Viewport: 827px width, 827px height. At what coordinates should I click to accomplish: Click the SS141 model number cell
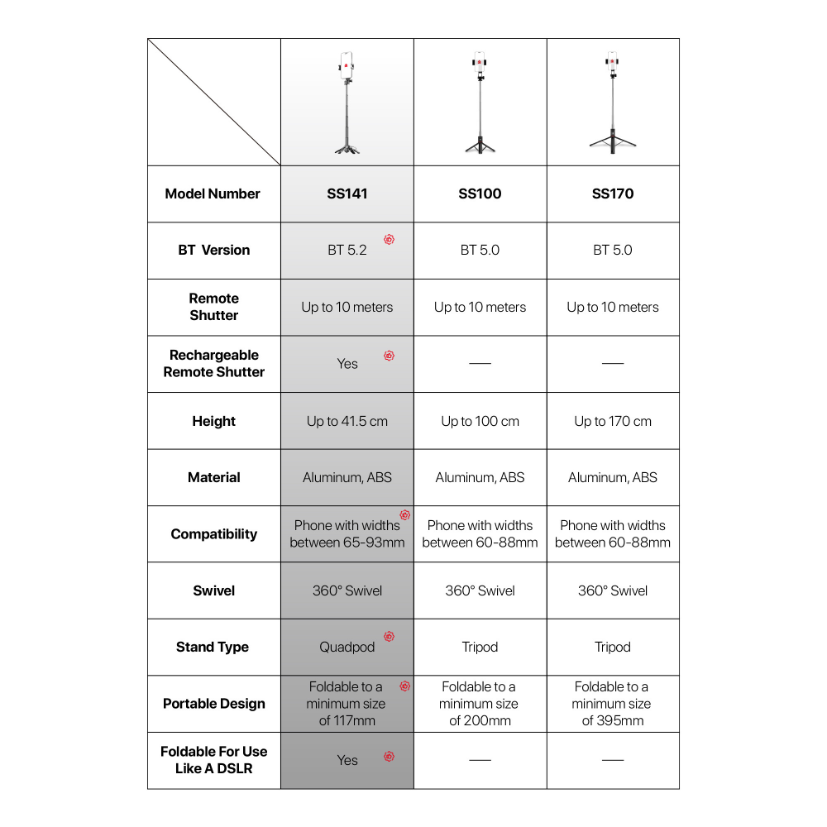coord(347,194)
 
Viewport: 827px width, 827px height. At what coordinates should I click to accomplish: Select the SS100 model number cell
coord(480,194)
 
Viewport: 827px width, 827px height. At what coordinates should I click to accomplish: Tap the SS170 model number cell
coord(613,194)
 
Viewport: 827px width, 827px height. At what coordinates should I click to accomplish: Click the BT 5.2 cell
coord(347,250)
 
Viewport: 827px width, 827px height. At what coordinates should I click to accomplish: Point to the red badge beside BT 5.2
coord(389,240)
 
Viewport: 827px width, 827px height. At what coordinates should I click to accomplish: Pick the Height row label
coord(214,421)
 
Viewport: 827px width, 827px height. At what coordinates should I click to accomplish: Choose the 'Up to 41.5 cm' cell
coord(347,421)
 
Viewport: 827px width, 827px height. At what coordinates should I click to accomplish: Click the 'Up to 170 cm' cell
coord(613,421)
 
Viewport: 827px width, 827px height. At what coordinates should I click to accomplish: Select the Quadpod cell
coord(347,647)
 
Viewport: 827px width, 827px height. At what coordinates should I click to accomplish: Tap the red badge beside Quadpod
coord(389,637)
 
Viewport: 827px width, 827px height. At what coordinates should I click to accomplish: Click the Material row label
coord(214,477)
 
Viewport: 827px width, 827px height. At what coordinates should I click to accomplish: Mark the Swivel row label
coord(214,590)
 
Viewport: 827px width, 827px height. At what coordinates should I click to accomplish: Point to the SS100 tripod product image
coord(480,103)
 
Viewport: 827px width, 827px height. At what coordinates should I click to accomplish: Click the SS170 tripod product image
coord(613,103)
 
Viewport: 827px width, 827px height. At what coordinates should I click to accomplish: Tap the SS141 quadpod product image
coord(347,103)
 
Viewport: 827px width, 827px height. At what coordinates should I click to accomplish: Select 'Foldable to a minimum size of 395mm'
coord(613,704)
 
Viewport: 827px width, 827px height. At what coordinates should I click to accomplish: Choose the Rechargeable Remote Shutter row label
coord(214,364)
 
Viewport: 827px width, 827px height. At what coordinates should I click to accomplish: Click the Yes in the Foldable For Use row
coord(347,760)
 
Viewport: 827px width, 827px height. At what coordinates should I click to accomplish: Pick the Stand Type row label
coord(213,647)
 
